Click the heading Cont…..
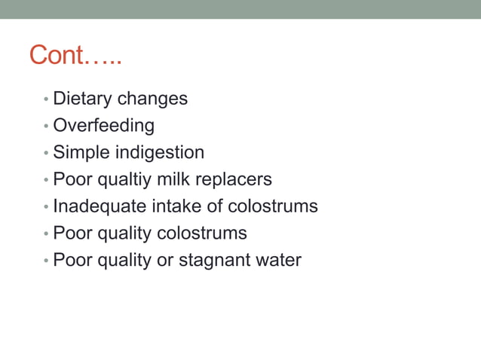(75, 55)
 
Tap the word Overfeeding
(103, 125)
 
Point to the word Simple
(81, 152)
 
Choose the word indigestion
(159, 152)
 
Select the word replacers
(234, 179)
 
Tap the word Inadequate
(96, 206)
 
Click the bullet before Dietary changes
(46, 99)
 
